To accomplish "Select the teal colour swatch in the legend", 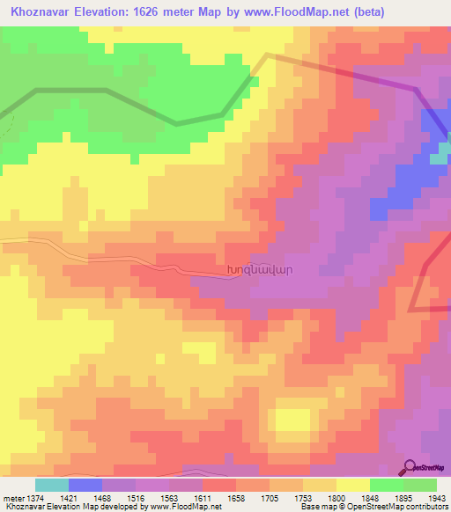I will click(51, 485).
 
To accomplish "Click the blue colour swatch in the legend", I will click(85, 485).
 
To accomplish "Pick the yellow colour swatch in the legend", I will click(353, 485).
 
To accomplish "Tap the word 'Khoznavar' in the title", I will click(42, 11).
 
